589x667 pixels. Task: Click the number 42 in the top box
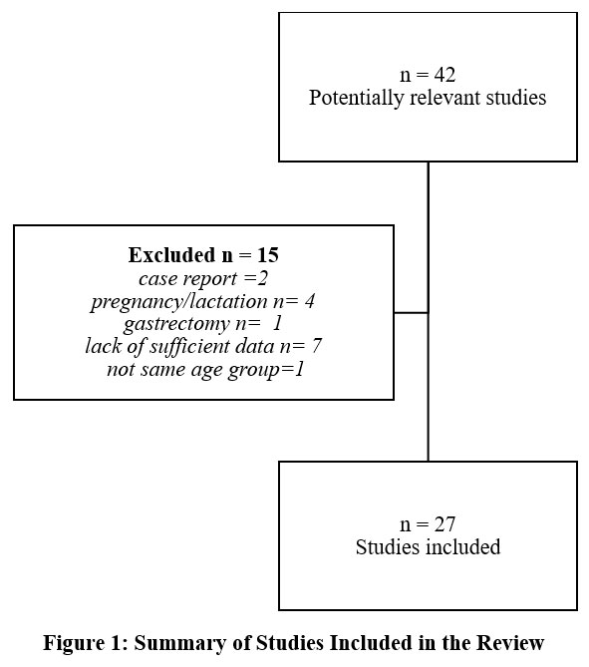coord(444,75)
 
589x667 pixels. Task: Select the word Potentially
coord(357,98)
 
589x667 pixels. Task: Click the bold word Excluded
coord(171,255)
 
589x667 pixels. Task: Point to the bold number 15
coord(268,255)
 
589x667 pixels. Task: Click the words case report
coord(188,279)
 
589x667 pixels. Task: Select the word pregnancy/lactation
coord(179,302)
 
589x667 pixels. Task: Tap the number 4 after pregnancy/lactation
coord(310,302)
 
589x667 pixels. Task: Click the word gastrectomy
coord(176,325)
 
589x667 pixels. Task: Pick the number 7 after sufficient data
coord(316,347)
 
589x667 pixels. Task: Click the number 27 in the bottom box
coord(444,524)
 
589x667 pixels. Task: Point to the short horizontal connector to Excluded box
coord(412,313)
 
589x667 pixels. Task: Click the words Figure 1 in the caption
coord(86,643)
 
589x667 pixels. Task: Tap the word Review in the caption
coord(510,642)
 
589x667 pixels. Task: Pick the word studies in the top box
coord(516,98)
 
